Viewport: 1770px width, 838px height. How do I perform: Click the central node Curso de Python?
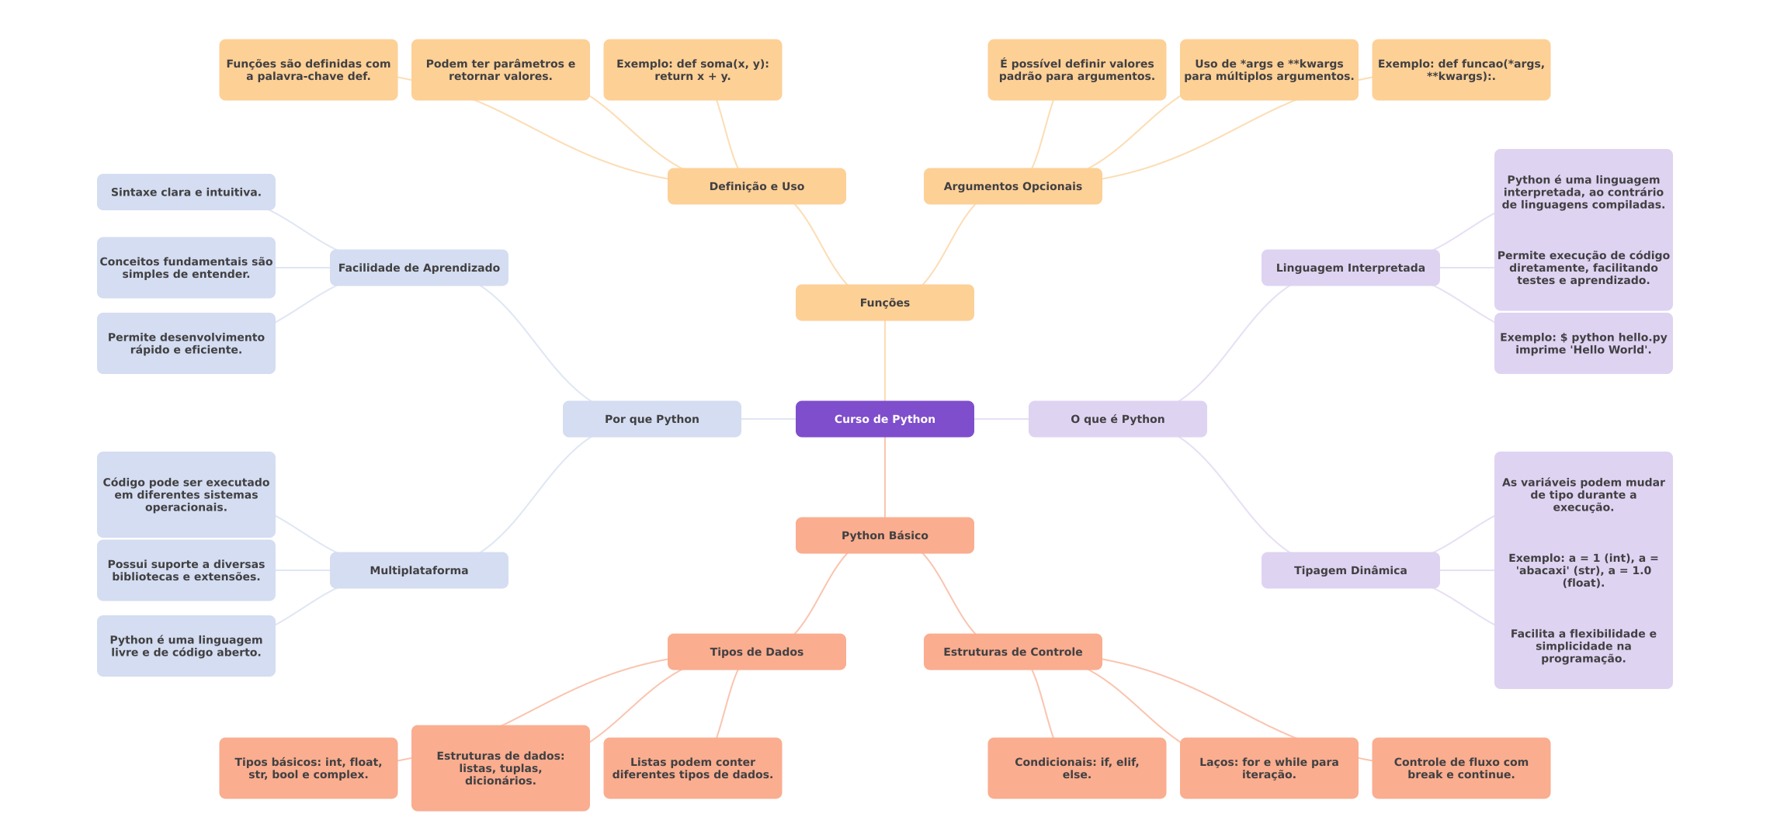point(885,419)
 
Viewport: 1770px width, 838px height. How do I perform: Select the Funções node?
point(885,303)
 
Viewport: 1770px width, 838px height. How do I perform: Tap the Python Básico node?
point(885,535)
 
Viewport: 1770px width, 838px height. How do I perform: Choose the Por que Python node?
point(652,419)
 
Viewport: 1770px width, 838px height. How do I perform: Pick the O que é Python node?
point(1118,419)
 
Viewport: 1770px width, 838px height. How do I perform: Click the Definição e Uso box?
point(757,186)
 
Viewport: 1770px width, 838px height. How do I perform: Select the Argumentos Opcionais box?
point(1013,186)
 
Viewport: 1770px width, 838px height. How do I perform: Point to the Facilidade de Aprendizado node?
point(419,268)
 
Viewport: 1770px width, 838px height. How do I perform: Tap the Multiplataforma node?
point(419,570)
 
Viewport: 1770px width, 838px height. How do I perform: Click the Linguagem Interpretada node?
point(1351,268)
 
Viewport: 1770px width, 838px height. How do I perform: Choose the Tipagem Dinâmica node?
point(1351,570)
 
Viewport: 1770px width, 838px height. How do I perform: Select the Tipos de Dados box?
point(757,652)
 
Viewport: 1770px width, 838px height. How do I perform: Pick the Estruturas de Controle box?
point(1013,652)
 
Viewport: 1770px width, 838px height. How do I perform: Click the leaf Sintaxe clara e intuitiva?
point(186,192)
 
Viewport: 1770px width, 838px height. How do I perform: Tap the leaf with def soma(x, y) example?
point(692,70)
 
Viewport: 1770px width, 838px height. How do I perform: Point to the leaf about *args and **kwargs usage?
point(1269,70)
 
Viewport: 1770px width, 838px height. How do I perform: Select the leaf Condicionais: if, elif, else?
point(1077,768)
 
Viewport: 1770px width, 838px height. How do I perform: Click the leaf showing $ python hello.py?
point(1584,343)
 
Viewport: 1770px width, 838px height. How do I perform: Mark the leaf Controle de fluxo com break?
point(1461,768)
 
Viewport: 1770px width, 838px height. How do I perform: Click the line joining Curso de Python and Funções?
point(885,361)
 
